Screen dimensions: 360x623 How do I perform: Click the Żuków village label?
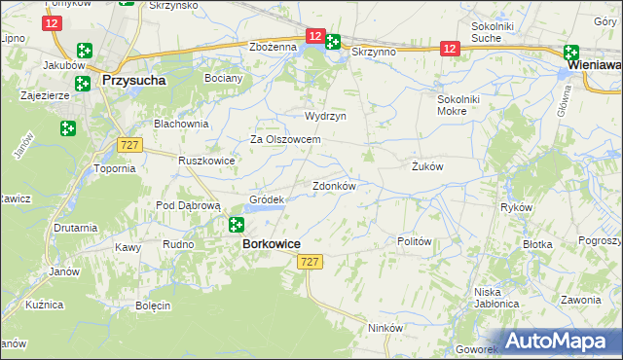[x=426, y=166]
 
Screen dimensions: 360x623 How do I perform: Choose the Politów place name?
[x=415, y=240]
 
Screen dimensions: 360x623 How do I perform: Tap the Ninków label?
[x=385, y=328]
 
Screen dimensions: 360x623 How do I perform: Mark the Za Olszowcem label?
[x=286, y=139]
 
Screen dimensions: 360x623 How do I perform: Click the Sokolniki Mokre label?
[x=465, y=104]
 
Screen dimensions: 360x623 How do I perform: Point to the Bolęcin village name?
[x=153, y=306]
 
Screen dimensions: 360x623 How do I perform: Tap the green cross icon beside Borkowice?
[x=236, y=226]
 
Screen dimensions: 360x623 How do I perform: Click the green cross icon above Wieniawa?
[x=570, y=54]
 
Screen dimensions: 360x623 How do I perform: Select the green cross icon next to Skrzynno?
[x=332, y=42]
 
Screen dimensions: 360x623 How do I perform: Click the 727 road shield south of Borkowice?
[x=310, y=263]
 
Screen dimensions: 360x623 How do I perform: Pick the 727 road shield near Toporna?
[x=128, y=144]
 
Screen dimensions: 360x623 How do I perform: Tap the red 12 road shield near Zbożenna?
[x=313, y=35]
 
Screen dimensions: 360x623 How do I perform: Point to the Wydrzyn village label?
[x=325, y=115]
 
